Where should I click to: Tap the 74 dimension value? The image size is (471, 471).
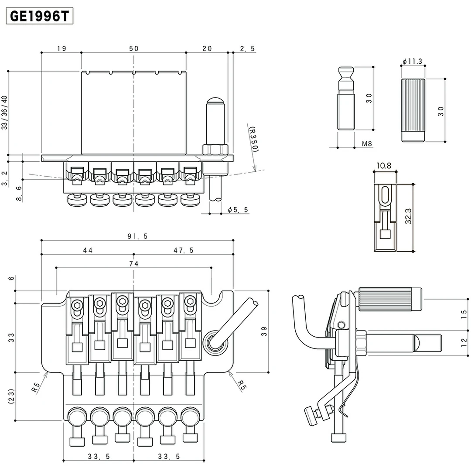click(x=133, y=263)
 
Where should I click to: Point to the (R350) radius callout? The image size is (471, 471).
click(x=253, y=140)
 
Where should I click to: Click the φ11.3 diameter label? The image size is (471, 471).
click(x=412, y=61)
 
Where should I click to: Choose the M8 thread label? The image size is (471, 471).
click(x=367, y=143)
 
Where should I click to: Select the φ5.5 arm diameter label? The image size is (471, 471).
click(x=238, y=210)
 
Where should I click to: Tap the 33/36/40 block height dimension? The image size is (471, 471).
click(x=5, y=113)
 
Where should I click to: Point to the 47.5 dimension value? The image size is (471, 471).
click(x=183, y=250)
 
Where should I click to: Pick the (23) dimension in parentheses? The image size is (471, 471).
click(x=11, y=397)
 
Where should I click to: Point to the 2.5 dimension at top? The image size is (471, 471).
click(x=247, y=49)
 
